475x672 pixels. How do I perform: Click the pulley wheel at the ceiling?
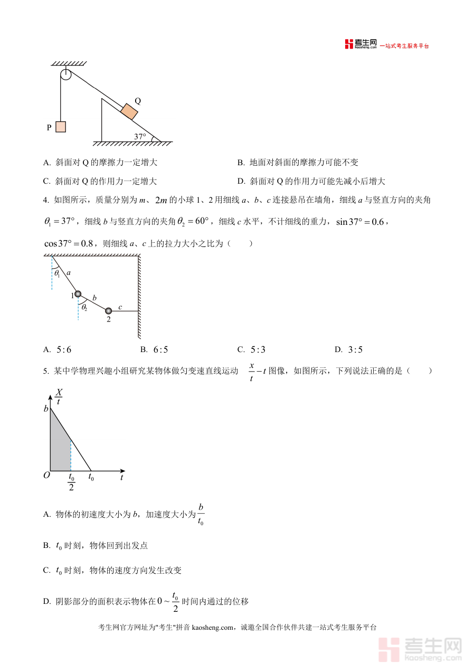pyautogui.click(x=65, y=74)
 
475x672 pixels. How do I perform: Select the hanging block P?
pyautogui.click(x=61, y=127)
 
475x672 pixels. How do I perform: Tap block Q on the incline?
pyautogui.click(x=129, y=112)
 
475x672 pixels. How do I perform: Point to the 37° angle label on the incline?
pyautogui.click(x=140, y=136)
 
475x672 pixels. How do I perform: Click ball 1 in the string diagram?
pyautogui.click(x=78, y=294)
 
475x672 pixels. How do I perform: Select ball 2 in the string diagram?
pyautogui.click(x=109, y=310)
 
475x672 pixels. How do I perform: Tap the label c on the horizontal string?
pyautogui.click(x=120, y=307)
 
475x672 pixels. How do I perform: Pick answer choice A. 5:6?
pyautogui.click(x=58, y=349)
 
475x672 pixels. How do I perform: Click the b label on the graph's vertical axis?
pyautogui.click(x=46, y=409)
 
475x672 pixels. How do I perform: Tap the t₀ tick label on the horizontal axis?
pyautogui.click(x=91, y=477)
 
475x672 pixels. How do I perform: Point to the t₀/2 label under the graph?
pyautogui.click(x=71, y=482)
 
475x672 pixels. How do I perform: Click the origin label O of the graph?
pyautogui.click(x=46, y=475)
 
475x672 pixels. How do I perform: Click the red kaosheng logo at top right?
pyautogui.click(x=349, y=44)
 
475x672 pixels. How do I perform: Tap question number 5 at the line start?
pyautogui.click(x=46, y=371)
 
